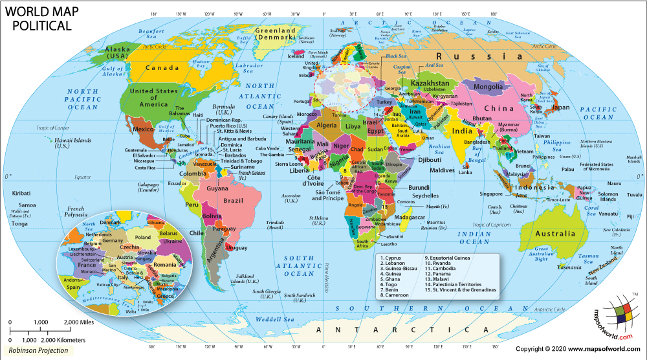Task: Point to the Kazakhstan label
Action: point(430,84)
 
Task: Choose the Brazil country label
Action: point(233,201)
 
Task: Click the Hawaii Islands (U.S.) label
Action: point(71,142)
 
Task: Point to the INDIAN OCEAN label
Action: point(475,236)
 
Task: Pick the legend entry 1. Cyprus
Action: point(393,258)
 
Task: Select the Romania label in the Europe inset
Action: point(165,265)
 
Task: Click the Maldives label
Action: point(443,170)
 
